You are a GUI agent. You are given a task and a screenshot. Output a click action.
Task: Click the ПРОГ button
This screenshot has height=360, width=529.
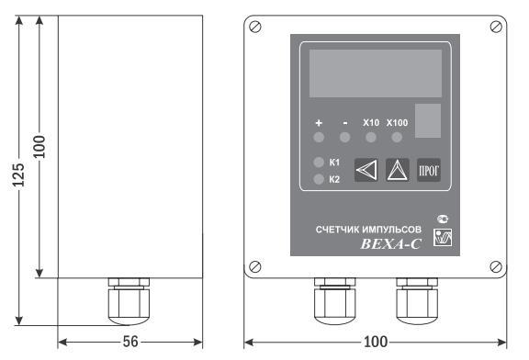429,171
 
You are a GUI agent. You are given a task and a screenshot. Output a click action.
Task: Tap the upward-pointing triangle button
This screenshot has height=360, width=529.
398,170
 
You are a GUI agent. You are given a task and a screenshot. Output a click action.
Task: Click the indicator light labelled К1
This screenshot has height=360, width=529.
319,163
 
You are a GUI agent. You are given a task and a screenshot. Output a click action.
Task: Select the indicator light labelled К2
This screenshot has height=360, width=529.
319,179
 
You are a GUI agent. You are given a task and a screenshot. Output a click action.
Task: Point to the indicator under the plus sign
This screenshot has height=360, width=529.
319,138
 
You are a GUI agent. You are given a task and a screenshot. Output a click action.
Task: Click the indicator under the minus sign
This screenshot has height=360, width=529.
344,138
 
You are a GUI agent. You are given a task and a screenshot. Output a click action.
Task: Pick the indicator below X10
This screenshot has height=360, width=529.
371,138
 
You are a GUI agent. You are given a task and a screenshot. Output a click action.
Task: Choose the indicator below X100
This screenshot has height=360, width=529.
397,138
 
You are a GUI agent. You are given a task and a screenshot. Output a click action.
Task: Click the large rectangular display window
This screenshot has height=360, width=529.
376,73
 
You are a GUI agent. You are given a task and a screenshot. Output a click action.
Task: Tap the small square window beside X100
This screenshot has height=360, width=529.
428,121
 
